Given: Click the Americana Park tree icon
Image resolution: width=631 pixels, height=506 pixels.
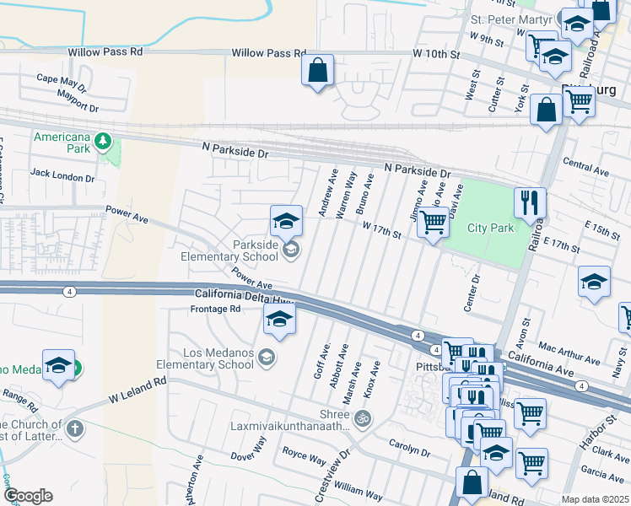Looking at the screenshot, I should pyautogui.click(x=103, y=140).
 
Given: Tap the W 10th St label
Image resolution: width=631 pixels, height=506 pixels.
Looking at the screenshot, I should pyautogui.click(x=435, y=55).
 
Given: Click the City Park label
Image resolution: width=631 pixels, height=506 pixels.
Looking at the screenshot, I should pyautogui.click(x=490, y=228).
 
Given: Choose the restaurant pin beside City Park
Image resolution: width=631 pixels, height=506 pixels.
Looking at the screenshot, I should pyautogui.click(x=530, y=203).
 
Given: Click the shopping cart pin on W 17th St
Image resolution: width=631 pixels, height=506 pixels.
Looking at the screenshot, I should pyautogui.click(x=433, y=223).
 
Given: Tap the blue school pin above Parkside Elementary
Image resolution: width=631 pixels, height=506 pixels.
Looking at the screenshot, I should pyautogui.click(x=286, y=223).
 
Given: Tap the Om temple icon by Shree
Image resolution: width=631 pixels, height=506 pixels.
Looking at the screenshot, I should pyautogui.click(x=363, y=417).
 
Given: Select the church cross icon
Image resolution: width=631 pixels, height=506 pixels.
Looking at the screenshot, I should pyautogui.click(x=74, y=429).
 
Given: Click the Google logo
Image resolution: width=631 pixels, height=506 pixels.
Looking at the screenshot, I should pyautogui.click(x=28, y=496).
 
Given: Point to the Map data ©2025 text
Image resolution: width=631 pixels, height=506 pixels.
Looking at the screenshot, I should pyautogui.click(x=594, y=499).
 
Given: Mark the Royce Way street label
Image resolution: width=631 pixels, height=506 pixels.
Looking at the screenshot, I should pyautogui.click(x=304, y=460).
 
